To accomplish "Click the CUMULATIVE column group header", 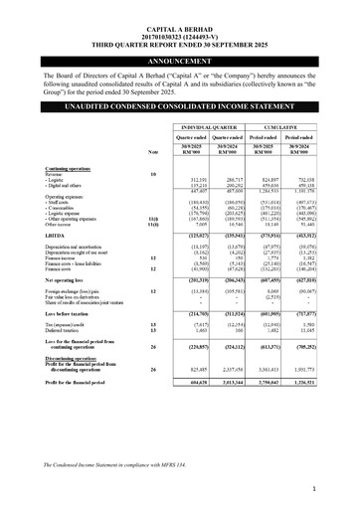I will pos(294,127).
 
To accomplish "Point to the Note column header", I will pos(152,150).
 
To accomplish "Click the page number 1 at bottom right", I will pos(339,489).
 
